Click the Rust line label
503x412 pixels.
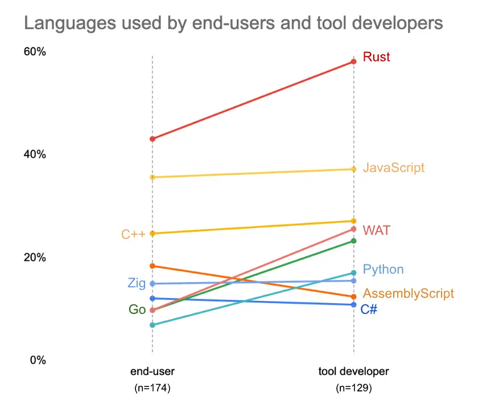tap(376, 57)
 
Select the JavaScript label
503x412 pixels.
tap(393, 168)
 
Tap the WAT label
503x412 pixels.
tap(376, 230)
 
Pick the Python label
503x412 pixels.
tap(383, 270)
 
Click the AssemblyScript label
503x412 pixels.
tap(408, 293)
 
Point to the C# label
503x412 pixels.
tap(369, 309)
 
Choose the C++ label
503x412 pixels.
tap(134, 234)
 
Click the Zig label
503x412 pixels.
tap(137, 283)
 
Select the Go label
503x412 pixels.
tap(137, 310)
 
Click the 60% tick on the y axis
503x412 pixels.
tap(34, 52)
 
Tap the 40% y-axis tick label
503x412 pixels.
tap(34, 154)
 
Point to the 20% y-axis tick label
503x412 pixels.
tap(34, 257)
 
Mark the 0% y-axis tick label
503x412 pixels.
tap(37, 360)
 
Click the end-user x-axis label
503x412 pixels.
tap(152, 372)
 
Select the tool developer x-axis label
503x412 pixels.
tap(353, 372)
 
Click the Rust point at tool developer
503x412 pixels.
tap(353, 62)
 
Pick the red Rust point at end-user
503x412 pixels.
tap(152, 138)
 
